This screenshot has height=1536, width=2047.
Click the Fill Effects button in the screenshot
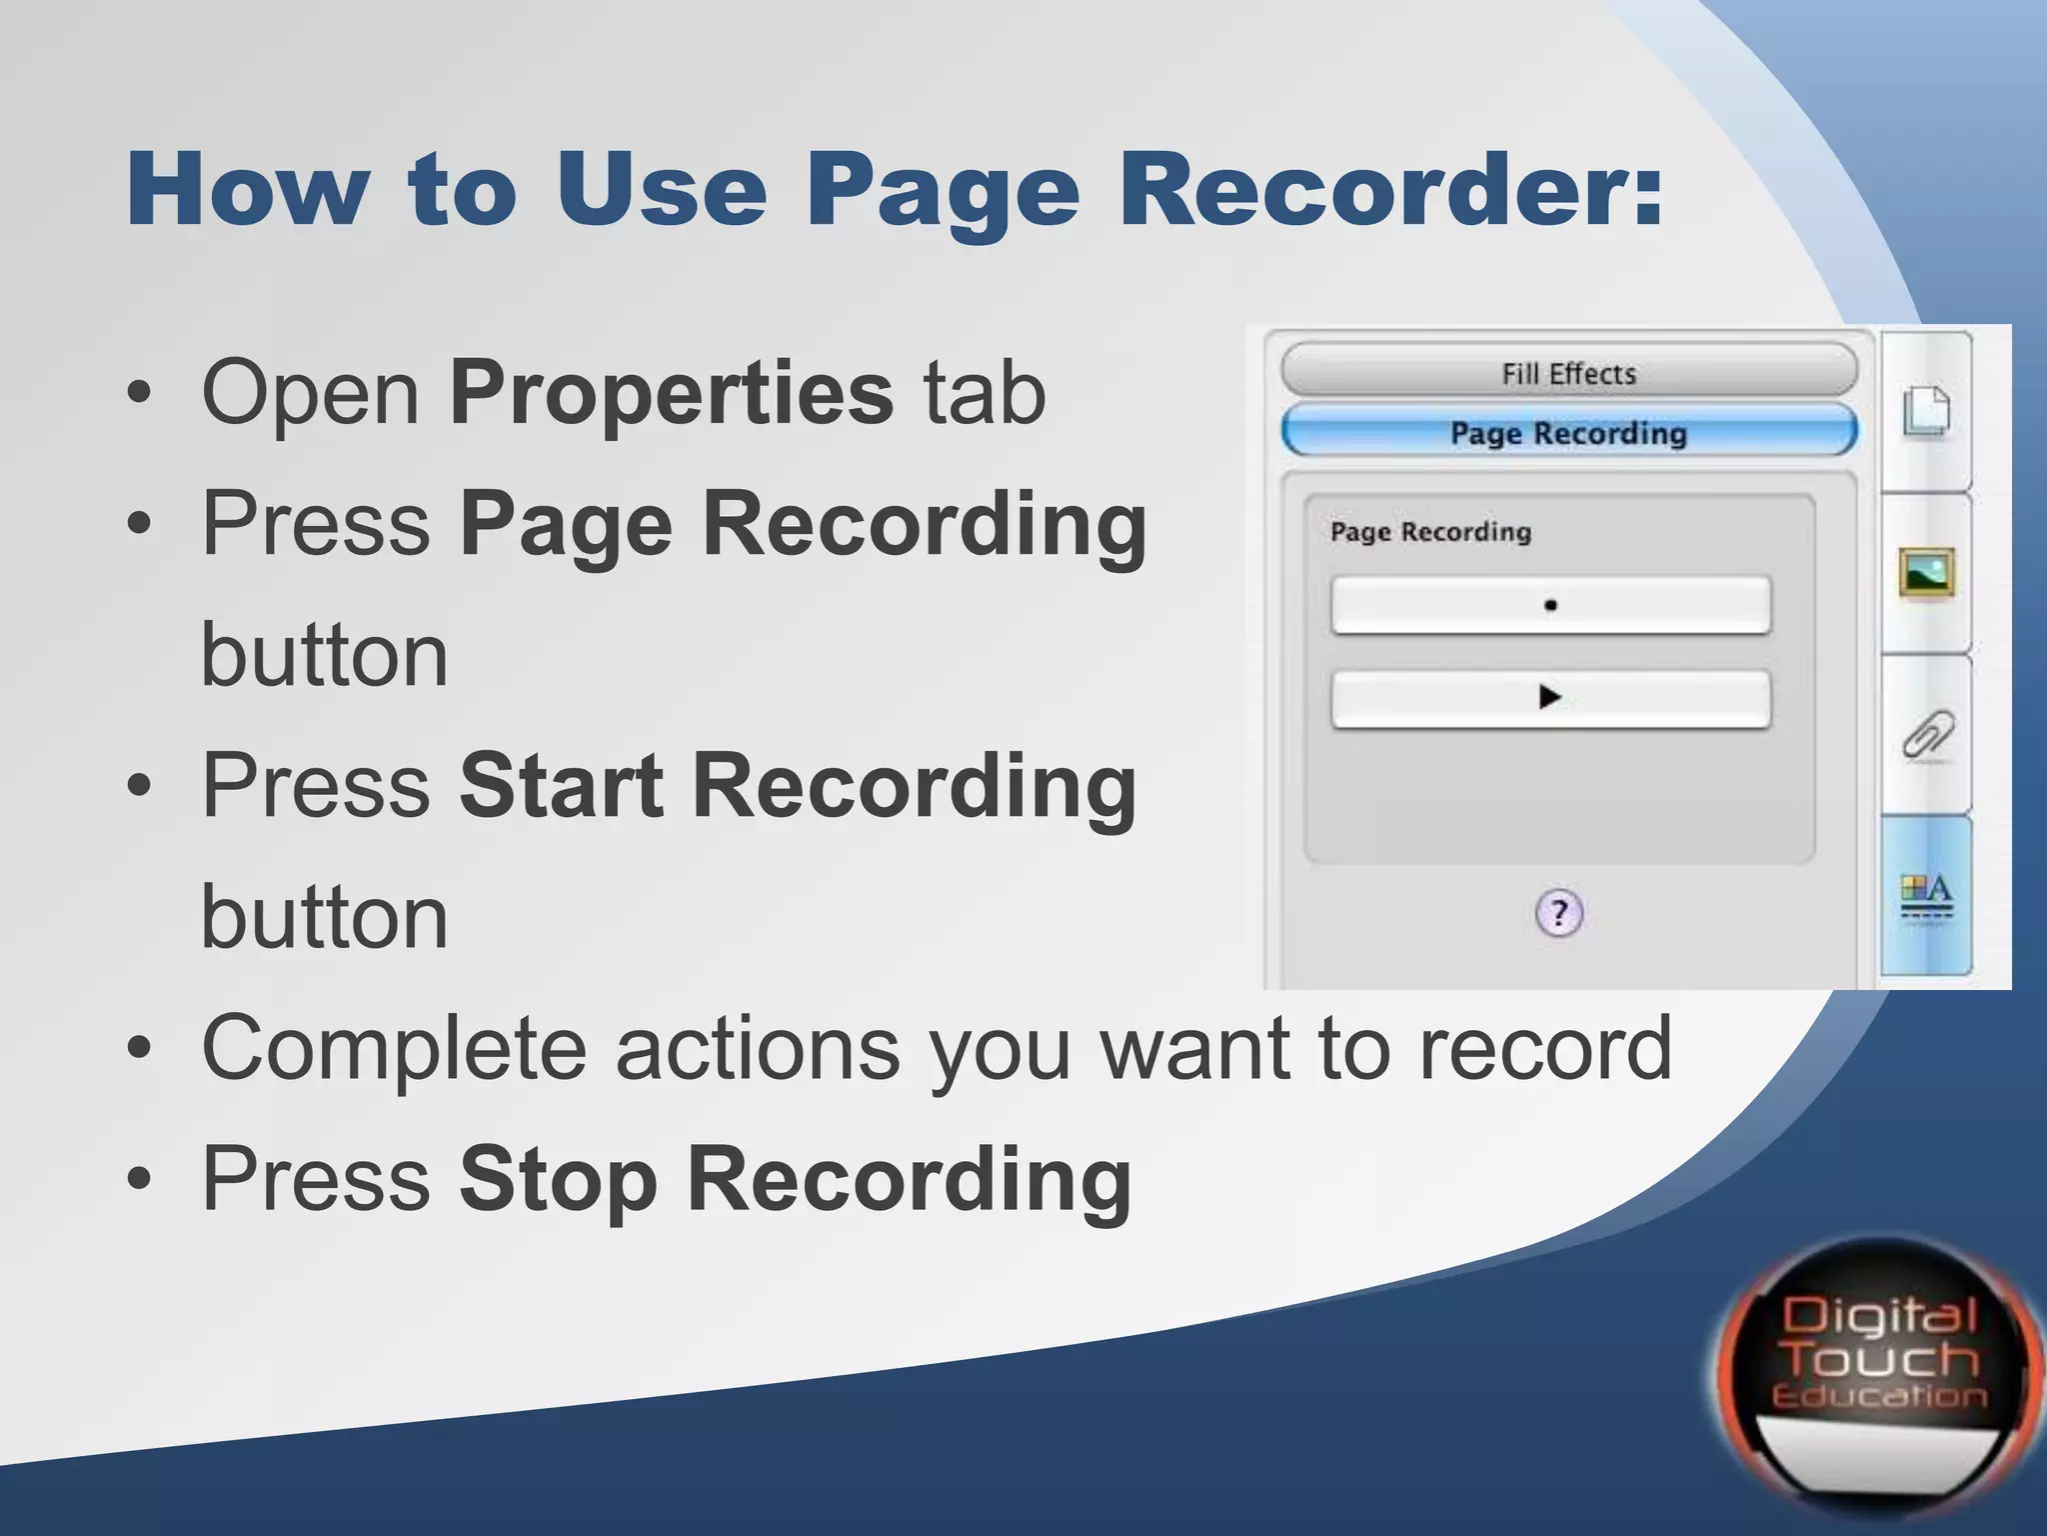coord(1568,373)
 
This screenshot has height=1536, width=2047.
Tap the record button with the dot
coord(1550,605)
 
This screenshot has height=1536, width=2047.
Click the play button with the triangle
coord(1550,697)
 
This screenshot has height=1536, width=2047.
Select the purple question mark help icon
coord(1559,913)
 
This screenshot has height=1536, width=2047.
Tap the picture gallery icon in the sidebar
coord(1926,573)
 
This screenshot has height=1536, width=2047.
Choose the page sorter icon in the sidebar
coord(1926,411)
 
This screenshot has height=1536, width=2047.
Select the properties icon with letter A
coord(1926,897)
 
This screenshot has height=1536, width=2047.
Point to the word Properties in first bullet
coord(671,392)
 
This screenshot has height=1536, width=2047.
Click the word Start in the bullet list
coord(561,786)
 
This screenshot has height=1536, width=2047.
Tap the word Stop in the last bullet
coord(558,1180)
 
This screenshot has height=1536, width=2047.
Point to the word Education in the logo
coord(1879,1396)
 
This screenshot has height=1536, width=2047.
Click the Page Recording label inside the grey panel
coord(1430,532)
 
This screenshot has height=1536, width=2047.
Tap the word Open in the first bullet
coord(311,392)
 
